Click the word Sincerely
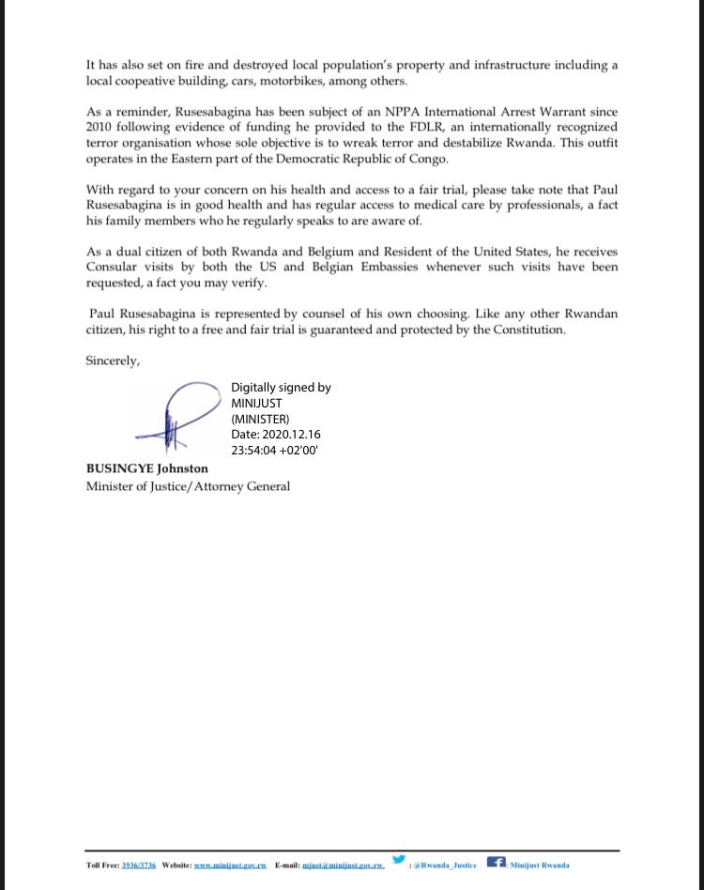click(x=113, y=361)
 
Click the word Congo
click(x=427, y=159)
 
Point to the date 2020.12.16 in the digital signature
click(x=292, y=435)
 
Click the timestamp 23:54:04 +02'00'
click(x=275, y=451)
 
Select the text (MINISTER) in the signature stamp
click(x=260, y=419)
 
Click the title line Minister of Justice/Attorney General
click(x=188, y=486)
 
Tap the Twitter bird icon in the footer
click(x=399, y=860)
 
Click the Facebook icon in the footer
click(x=496, y=862)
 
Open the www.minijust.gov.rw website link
click(x=231, y=866)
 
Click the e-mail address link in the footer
click(x=343, y=866)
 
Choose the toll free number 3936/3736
click(x=139, y=866)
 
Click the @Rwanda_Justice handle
click(x=445, y=866)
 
